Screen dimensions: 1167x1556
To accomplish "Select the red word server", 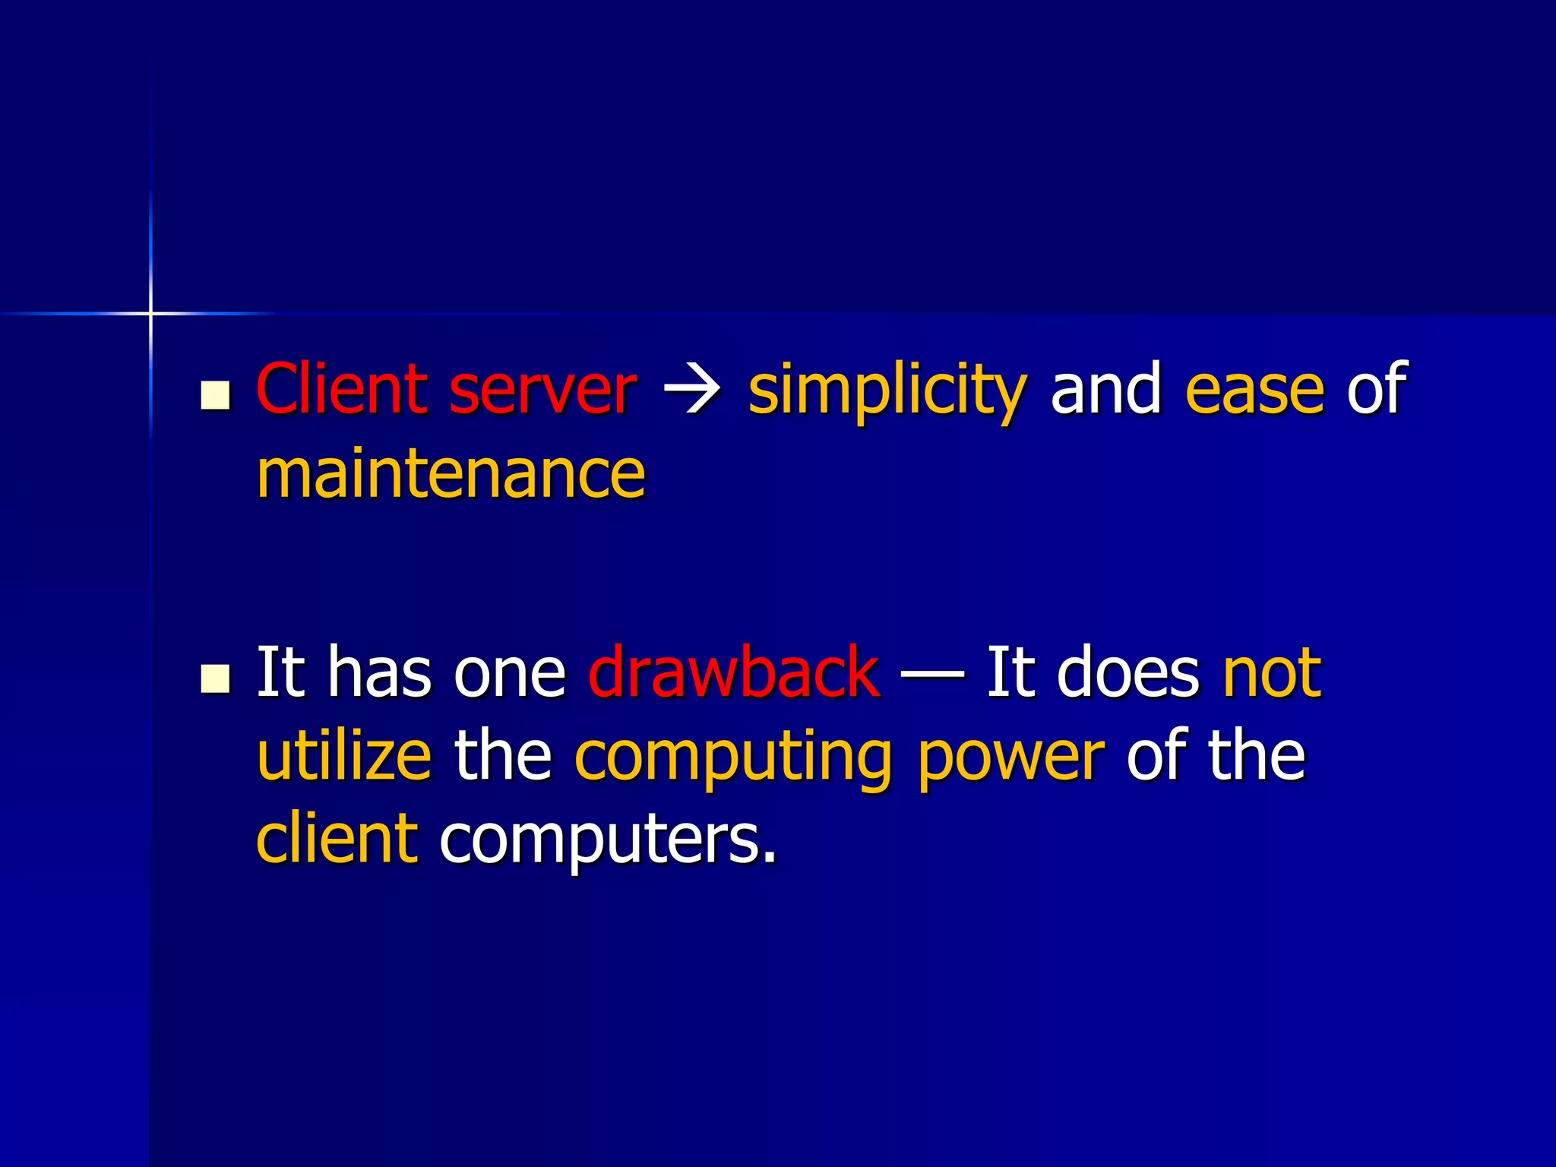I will [x=542, y=391].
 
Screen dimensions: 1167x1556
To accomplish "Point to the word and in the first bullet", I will [x=1106, y=389].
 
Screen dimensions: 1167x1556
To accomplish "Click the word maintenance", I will [x=451, y=474].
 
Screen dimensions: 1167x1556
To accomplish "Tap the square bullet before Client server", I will [x=216, y=395].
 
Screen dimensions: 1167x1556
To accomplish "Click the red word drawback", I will [x=734, y=672].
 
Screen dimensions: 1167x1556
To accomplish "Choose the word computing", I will [x=733, y=758].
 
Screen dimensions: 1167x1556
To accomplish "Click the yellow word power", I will [x=1011, y=758].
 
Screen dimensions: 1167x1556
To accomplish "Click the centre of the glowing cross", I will [x=150, y=313].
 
